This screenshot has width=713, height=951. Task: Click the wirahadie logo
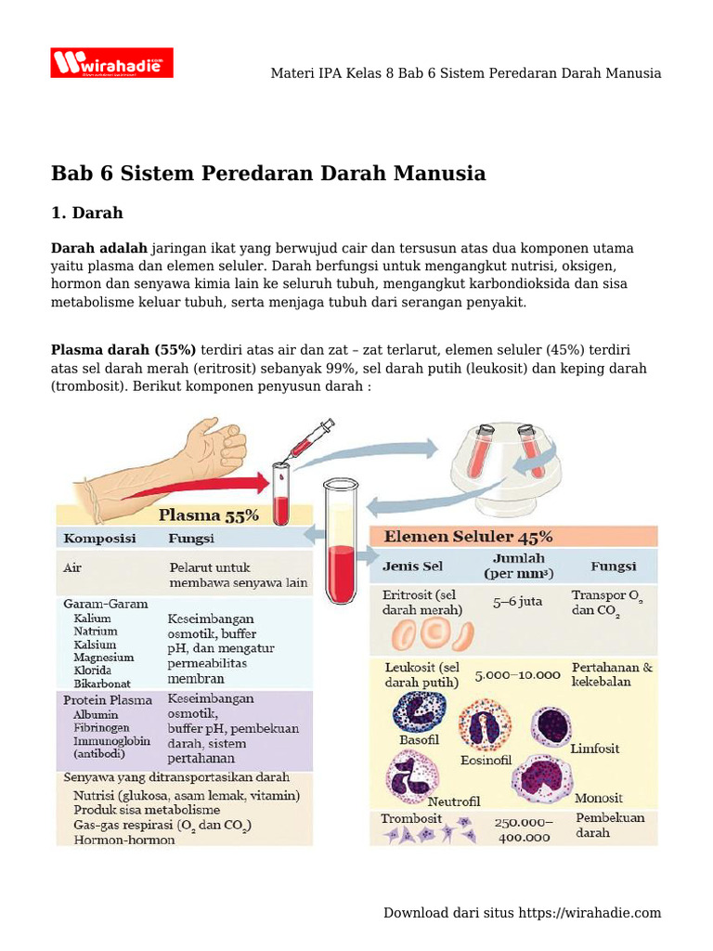coord(111,63)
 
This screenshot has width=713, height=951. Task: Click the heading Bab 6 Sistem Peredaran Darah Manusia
coord(267,173)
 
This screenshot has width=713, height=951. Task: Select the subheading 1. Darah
coord(86,214)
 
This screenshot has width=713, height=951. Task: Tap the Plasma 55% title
coord(209,514)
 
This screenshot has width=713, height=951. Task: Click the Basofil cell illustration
coord(419,710)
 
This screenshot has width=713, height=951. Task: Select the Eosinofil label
coord(486,760)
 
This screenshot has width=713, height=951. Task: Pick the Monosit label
coord(599,798)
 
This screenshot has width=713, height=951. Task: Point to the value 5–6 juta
coord(518,601)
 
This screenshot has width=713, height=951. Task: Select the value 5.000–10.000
coord(517,675)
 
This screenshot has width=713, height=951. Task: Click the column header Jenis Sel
coord(412,566)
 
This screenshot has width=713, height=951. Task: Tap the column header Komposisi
coord(99,539)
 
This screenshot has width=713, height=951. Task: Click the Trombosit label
coord(411,819)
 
